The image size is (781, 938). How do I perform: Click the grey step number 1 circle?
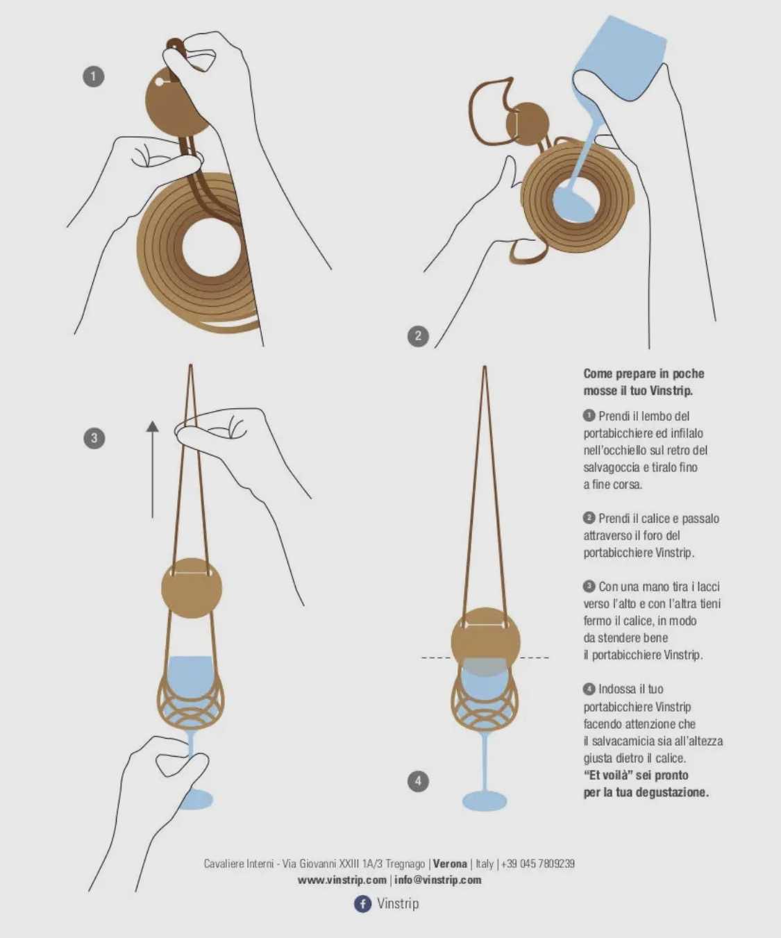(x=94, y=76)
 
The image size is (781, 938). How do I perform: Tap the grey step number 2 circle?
(x=418, y=336)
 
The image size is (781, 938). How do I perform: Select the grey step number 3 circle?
(x=94, y=438)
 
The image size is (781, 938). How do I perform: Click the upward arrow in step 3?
(x=152, y=470)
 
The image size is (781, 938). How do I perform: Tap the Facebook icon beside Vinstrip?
(x=362, y=904)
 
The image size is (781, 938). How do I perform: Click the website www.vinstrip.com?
(x=342, y=880)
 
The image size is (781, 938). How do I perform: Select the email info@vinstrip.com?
(x=438, y=880)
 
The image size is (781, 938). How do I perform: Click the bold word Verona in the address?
(x=450, y=864)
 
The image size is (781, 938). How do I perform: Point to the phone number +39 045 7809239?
(x=538, y=864)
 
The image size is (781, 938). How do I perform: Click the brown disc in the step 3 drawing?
(x=192, y=588)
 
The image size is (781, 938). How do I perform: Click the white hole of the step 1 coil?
(x=211, y=248)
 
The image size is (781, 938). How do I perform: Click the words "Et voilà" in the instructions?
(x=614, y=775)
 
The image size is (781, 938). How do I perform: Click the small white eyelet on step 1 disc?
(x=159, y=82)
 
